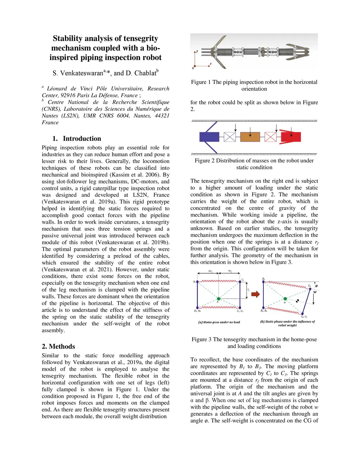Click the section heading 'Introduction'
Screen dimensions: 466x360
82,139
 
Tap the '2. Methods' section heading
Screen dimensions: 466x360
58,346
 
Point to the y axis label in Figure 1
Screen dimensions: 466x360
197,51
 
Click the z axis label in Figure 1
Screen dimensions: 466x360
211,64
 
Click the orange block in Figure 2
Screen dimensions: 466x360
250,137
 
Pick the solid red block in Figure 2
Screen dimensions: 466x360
291,136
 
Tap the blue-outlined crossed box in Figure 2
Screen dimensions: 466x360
230,137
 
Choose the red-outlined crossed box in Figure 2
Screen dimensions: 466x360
270,137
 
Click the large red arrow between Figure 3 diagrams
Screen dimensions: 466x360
256,294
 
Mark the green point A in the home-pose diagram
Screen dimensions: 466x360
218,299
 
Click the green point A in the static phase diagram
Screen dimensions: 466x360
285,299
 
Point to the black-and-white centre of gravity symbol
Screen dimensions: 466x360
297,301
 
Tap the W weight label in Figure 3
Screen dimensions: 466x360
315,292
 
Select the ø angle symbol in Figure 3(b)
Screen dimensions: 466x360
316,286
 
